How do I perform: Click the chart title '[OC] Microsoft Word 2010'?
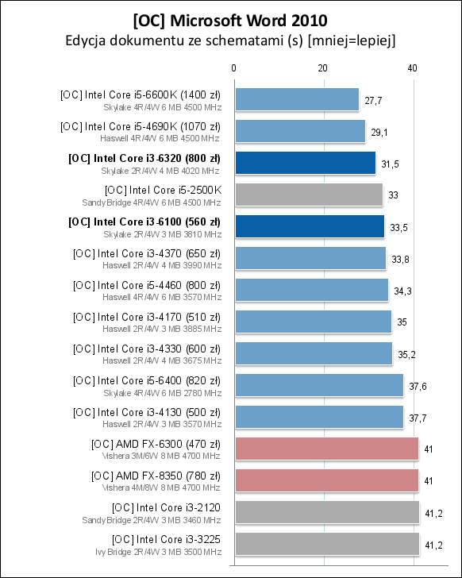pos(229,17)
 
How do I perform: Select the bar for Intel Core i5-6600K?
pos(296,100)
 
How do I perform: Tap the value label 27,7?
pos(373,101)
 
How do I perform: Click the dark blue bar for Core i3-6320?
pos(305,163)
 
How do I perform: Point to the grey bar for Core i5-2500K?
pos(308,195)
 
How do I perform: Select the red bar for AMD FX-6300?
pos(326,449)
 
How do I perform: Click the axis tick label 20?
pos(322,69)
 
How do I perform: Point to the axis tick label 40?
pos(411,69)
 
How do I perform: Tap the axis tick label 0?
pos(234,69)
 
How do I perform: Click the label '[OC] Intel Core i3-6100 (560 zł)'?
pos(144,221)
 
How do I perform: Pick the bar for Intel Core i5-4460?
pos(311,290)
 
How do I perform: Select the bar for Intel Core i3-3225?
pos(326,544)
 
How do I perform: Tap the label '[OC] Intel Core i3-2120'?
pos(166,507)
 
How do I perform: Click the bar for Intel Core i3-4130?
pos(319,417)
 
